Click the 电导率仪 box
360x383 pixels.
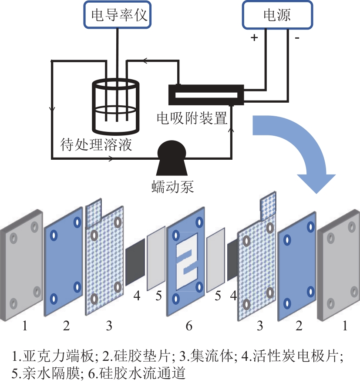coord(118,14)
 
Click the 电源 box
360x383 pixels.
coord(277,15)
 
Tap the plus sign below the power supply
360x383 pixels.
coord(254,37)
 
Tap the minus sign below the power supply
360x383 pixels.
coord(297,38)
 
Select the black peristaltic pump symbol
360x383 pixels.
coord(172,158)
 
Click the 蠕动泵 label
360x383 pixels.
coord(172,187)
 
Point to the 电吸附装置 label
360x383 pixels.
coord(192,118)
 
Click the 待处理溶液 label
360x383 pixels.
coord(96,144)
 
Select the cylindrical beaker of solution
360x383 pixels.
coord(115,107)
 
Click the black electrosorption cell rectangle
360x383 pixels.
coord(206,95)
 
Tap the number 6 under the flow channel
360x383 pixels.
coord(189,326)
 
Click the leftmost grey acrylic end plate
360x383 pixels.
coord(21,265)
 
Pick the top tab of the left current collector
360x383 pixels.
coord(94,212)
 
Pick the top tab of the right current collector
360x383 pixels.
coord(268,206)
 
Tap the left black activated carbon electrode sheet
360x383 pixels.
coord(135,262)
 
